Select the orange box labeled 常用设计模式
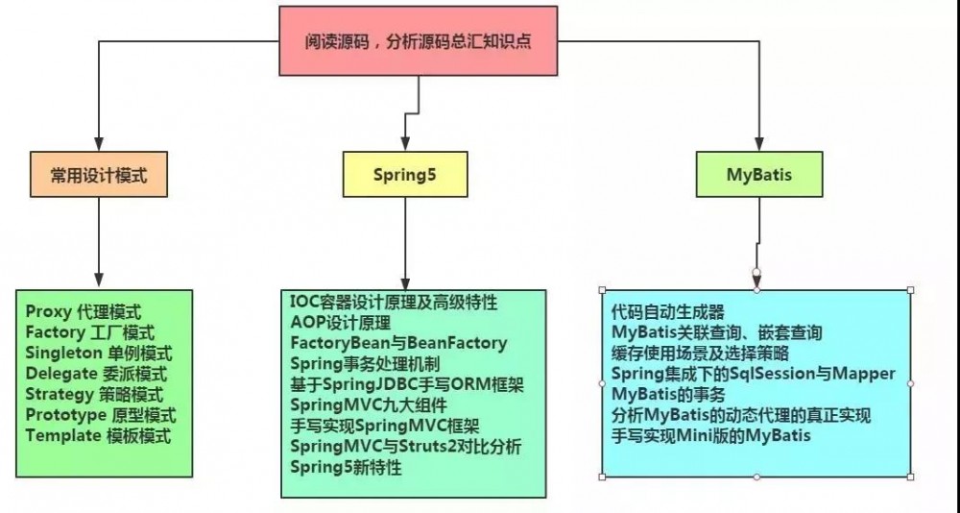[x=98, y=175]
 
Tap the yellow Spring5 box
[x=405, y=175]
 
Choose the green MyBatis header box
[x=758, y=175]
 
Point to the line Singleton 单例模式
[x=96, y=353]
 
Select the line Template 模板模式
[x=98, y=435]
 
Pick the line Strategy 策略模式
[x=94, y=394]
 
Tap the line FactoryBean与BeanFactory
[x=398, y=343]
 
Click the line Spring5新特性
[x=346, y=468]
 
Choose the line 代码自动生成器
[x=667, y=312]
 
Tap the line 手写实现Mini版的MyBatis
[x=710, y=436]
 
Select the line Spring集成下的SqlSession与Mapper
[x=753, y=374]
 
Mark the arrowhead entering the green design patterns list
[x=98, y=282]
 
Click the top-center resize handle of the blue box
[x=756, y=288]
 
